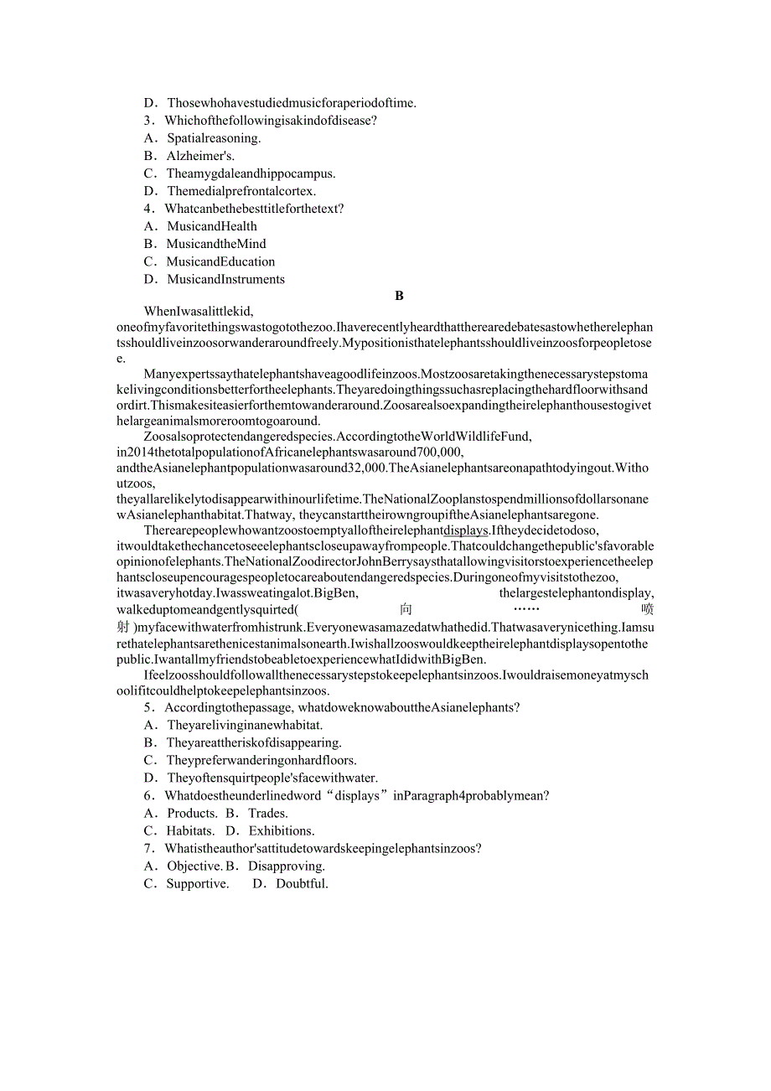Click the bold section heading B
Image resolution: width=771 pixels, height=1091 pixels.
399,296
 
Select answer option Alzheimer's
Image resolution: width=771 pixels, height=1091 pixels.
200,156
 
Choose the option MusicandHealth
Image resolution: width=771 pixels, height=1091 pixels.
211,226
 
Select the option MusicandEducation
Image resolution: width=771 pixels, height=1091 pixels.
220,261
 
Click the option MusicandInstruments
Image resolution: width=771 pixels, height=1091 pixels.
225,279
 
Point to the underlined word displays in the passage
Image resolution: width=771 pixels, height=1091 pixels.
465,530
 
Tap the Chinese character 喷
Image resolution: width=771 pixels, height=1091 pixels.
646,610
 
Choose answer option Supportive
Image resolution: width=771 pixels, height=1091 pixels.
197,884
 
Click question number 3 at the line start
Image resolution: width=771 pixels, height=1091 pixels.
148,121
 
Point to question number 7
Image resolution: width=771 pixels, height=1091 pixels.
148,849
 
